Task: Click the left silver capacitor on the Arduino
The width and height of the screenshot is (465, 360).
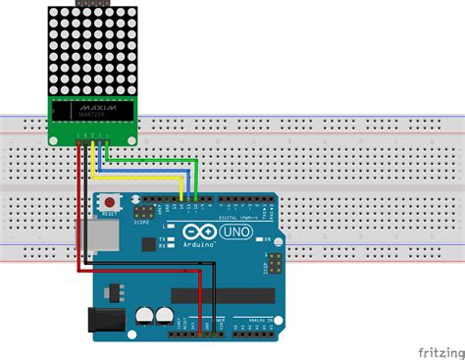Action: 145,316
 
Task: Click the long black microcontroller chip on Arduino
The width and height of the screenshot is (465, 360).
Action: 223,294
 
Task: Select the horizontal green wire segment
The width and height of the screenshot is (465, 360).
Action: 147,161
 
